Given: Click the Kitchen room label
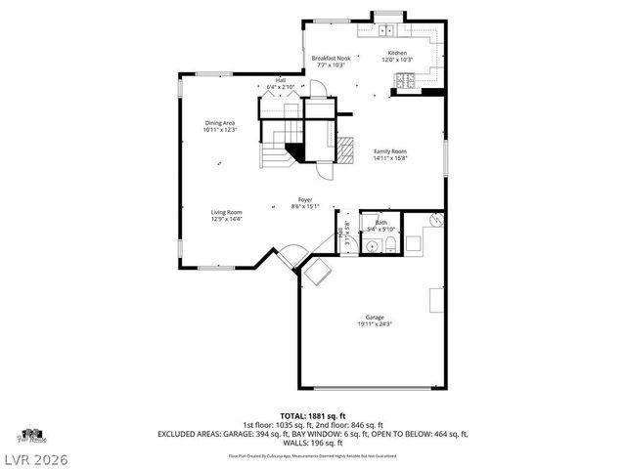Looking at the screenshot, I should pos(397,53).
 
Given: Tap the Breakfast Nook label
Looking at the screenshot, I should pos(331,59).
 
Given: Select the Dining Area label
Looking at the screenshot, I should pos(219,122).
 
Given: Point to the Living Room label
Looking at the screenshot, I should pos(226,212).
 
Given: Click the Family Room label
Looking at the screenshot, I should pos(390,151).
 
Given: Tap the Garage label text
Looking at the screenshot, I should pos(375,318).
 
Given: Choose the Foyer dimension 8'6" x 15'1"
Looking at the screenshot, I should pos(306,206).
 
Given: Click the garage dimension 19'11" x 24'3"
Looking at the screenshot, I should pos(375,324).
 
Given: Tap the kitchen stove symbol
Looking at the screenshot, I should pos(410,92).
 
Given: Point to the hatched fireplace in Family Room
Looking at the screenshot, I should pos(346,148).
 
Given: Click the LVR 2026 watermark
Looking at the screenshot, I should pos(40,455).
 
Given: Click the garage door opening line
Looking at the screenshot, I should pos(375,389).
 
